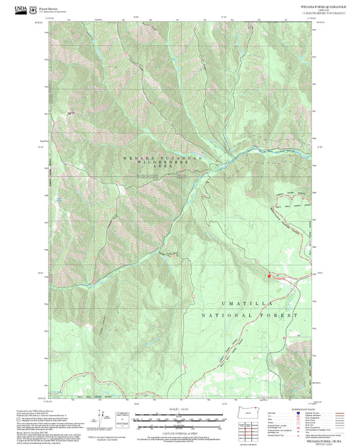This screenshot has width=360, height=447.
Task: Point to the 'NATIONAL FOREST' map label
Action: click(x=250, y=315)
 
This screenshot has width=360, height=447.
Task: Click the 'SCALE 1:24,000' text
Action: click(x=179, y=409)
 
